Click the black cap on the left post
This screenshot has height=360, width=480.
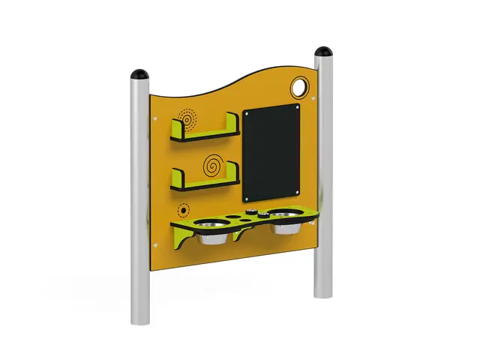pos(140,75)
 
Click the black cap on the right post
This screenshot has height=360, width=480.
pos(325,52)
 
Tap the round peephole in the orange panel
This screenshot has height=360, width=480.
pos(301,88)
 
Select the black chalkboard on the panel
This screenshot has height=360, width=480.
pos(272,153)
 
